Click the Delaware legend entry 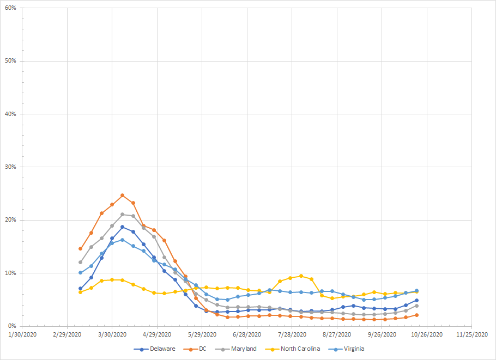[162, 349]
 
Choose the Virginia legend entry [353, 349]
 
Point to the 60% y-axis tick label [9, 8]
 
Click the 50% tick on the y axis [9, 61]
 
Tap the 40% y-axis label [9, 114]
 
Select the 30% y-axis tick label [9, 167]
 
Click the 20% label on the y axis [9, 220]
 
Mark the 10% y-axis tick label [9, 273]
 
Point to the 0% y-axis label [11, 326]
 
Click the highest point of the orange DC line [123, 195]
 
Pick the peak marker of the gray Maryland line [123, 214]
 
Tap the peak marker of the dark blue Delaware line [123, 227]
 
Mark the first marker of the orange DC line [81, 248]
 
